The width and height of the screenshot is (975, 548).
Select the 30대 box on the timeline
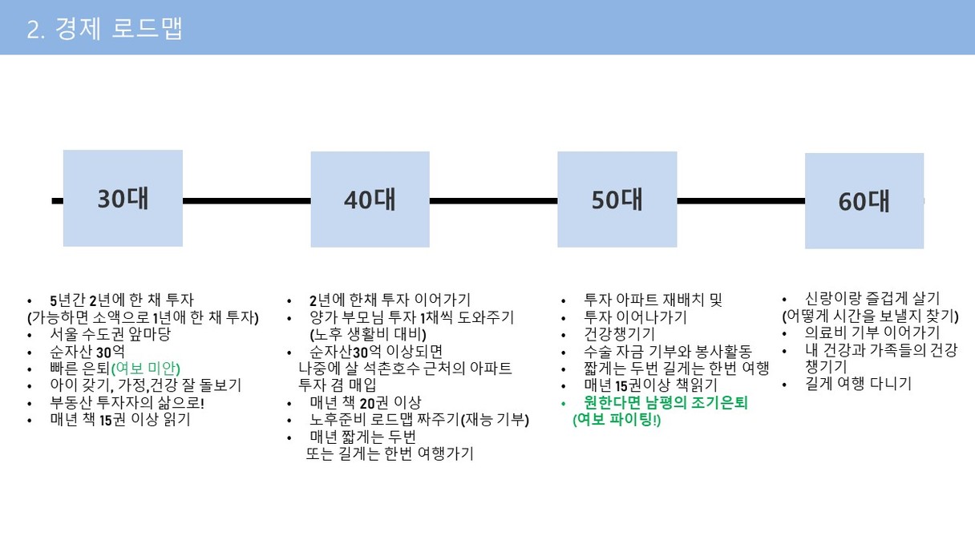(x=123, y=199)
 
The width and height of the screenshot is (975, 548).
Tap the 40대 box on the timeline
(x=370, y=199)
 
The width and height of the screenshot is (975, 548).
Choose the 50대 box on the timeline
(x=617, y=199)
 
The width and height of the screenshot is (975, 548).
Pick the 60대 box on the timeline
(x=864, y=201)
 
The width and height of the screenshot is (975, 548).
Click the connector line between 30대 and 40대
(x=247, y=201)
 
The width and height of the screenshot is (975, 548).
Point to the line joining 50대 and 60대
(x=741, y=201)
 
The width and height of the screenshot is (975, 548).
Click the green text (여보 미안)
(x=146, y=369)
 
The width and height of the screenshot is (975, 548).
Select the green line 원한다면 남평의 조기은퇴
(x=666, y=402)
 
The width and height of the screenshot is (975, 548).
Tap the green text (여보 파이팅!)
(x=617, y=420)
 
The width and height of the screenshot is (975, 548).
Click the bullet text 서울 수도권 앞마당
(x=110, y=334)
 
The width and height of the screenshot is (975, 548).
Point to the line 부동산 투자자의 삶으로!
(x=127, y=402)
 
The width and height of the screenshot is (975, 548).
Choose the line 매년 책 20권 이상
(x=365, y=402)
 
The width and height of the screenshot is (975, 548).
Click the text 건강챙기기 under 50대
(x=619, y=334)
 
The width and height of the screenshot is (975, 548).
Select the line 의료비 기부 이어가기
(x=872, y=332)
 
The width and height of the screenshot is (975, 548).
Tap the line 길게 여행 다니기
(x=858, y=384)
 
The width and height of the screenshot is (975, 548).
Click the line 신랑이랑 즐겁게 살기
(x=872, y=298)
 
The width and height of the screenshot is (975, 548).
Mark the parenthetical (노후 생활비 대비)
(x=368, y=334)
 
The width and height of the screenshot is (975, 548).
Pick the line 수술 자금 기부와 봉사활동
(x=668, y=352)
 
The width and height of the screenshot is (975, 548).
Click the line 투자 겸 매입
(x=338, y=385)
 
